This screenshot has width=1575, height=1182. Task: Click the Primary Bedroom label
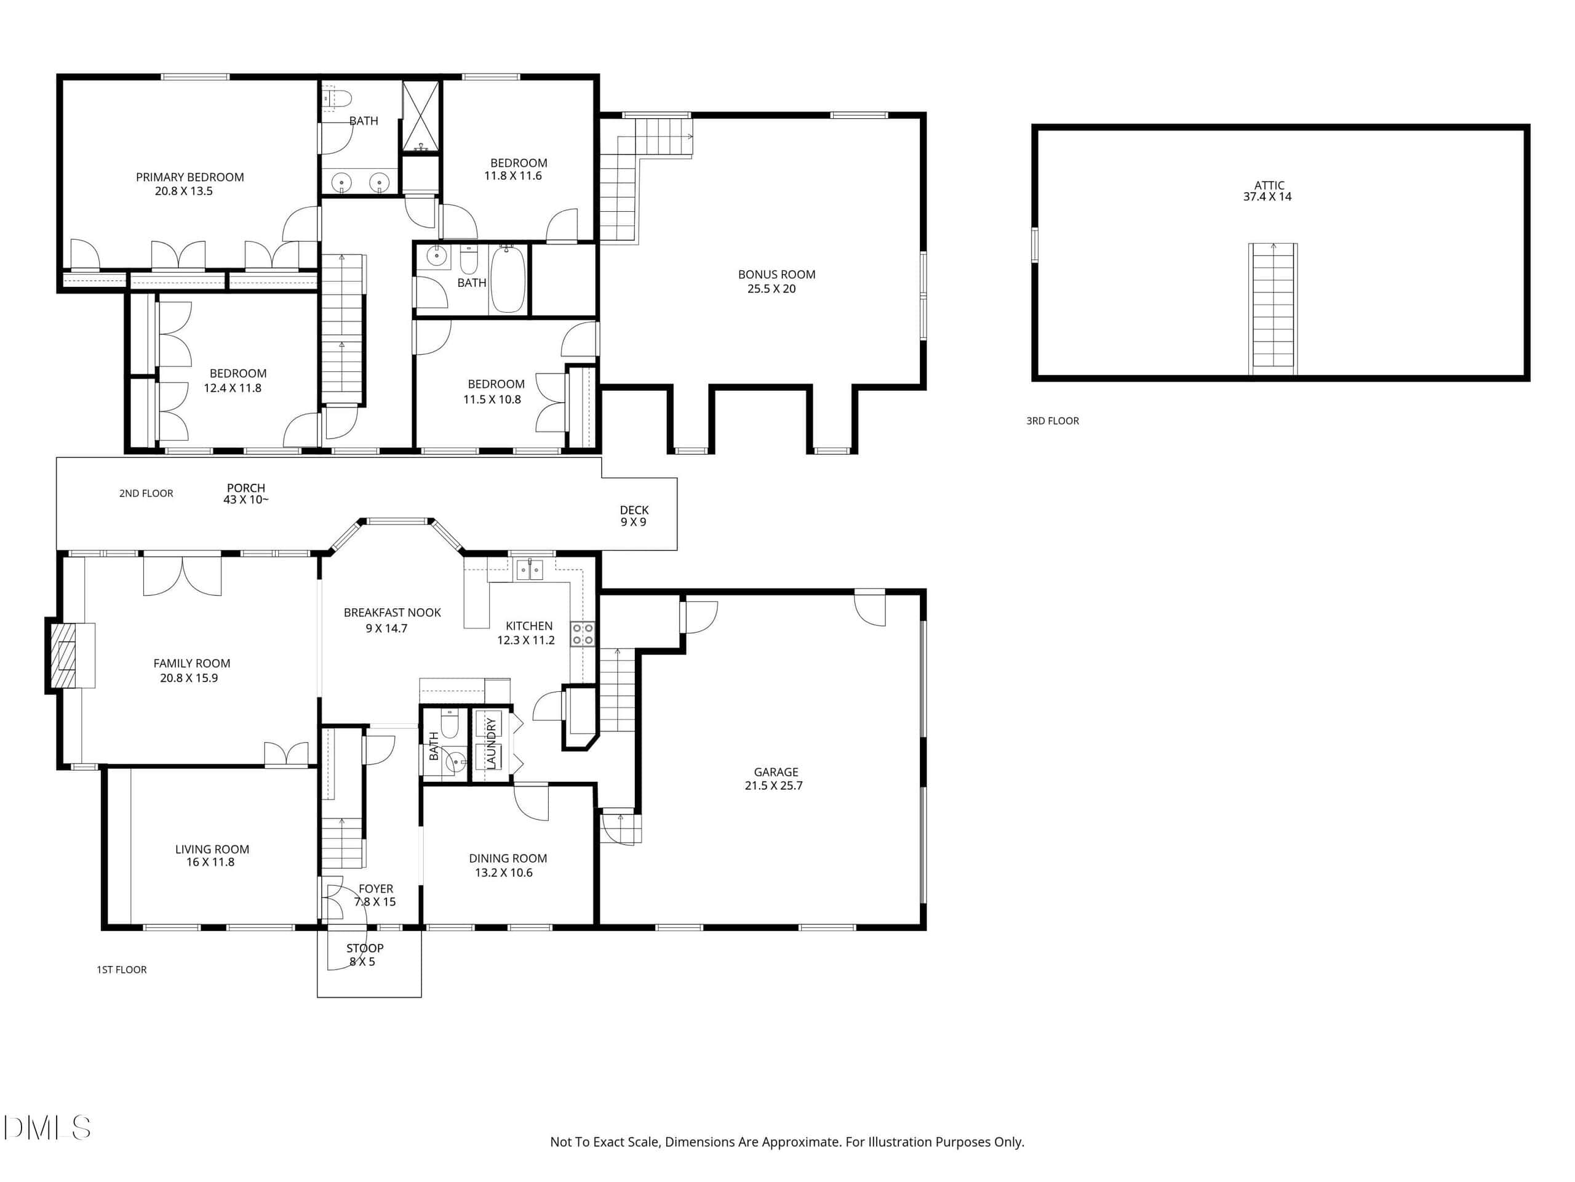pos(189,177)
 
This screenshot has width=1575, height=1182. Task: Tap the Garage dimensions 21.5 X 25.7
pos(773,786)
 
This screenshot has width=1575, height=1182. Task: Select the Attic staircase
pos(1273,308)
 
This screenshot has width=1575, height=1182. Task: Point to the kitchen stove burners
pos(583,634)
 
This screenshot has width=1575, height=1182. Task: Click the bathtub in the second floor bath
pos(508,279)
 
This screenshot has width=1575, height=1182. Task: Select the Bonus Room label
pos(777,275)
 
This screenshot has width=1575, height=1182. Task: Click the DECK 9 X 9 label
pos(634,516)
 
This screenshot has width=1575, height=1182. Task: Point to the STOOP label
pos(365,948)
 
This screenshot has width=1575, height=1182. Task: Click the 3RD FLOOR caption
pos(1053,421)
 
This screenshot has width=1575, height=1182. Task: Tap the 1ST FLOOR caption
pos(122,970)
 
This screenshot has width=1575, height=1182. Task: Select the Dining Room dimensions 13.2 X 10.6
pos(503,873)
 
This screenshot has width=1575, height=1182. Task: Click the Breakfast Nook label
pos(393,613)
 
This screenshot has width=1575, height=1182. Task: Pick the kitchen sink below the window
pos(529,570)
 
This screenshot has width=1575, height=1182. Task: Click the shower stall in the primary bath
pos(421,116)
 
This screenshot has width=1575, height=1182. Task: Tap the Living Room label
pos(212,850)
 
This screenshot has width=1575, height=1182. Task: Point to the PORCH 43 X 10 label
pos(245,494)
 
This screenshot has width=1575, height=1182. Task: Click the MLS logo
pos(47,1128)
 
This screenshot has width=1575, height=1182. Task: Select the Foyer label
pos(376,889)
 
